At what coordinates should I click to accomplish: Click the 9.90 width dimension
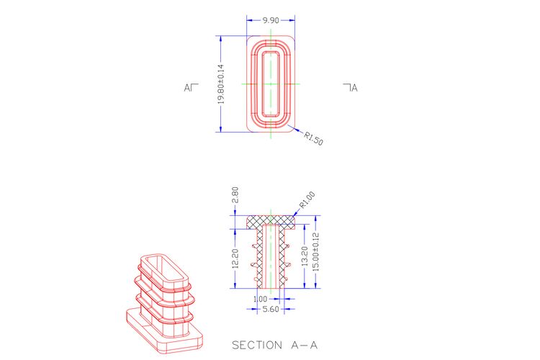[271, 20]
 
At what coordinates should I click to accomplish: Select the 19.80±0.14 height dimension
[221, 84]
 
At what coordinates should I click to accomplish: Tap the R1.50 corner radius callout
[313, 138]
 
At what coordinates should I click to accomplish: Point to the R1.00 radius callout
[307, 200]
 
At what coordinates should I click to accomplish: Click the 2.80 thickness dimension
[235, 195]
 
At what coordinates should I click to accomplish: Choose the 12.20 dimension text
[235, 258]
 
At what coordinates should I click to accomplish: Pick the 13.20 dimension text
[305, 256]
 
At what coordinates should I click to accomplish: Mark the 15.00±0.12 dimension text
[316, 252]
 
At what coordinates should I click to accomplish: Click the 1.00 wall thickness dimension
[260, 299]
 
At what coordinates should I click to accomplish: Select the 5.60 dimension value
[271, 309]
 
